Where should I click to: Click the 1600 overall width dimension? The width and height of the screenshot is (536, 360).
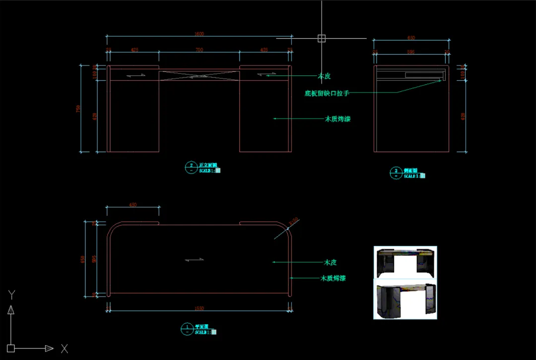(199, 34)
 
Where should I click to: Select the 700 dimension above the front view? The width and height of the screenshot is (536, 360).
(199, 50)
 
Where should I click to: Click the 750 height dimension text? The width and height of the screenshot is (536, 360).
(78, 109)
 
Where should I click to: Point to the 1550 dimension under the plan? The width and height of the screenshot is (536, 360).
(199, 308)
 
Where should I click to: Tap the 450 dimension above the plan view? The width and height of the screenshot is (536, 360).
(133, 205)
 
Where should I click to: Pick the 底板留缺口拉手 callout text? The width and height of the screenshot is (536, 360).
(329, 93)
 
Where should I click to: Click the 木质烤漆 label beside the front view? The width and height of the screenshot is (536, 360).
(337, 119)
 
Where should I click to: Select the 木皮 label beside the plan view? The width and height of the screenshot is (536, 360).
(331, 262)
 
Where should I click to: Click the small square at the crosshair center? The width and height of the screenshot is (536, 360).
(322, 38)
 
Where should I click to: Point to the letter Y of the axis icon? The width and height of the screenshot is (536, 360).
(11, 295)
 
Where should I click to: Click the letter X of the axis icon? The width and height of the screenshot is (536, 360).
(65, 349)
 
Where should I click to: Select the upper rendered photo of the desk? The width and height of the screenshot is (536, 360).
(405, 262)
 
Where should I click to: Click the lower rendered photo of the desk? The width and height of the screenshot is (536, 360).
(405, 299)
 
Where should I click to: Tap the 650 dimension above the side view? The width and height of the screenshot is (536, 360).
(411, 38)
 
